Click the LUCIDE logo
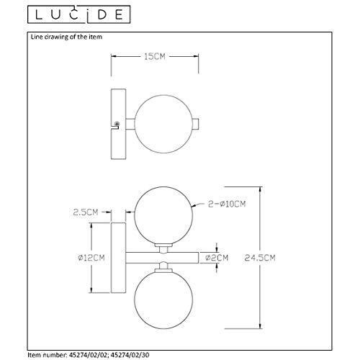click(78, 14)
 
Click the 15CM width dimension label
click(155, 57)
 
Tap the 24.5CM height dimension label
click(260, 258)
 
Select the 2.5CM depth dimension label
click(86, 212)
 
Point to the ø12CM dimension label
click(91, 258)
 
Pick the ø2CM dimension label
click(217, 258)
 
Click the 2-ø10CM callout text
click(227, 204)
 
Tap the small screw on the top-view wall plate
click(117, 124)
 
